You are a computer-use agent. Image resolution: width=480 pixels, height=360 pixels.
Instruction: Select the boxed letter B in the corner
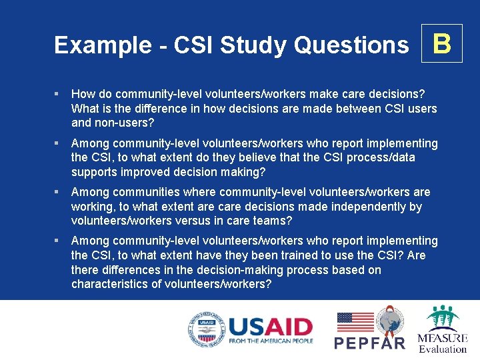point(442,44)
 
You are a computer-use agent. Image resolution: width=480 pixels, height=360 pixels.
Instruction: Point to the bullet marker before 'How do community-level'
point(59,94)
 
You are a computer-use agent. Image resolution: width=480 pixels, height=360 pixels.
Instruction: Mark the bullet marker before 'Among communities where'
point(59,192)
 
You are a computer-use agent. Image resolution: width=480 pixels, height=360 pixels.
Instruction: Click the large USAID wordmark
point(270,327)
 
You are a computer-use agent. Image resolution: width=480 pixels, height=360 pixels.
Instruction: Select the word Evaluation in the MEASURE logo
point(443,349)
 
